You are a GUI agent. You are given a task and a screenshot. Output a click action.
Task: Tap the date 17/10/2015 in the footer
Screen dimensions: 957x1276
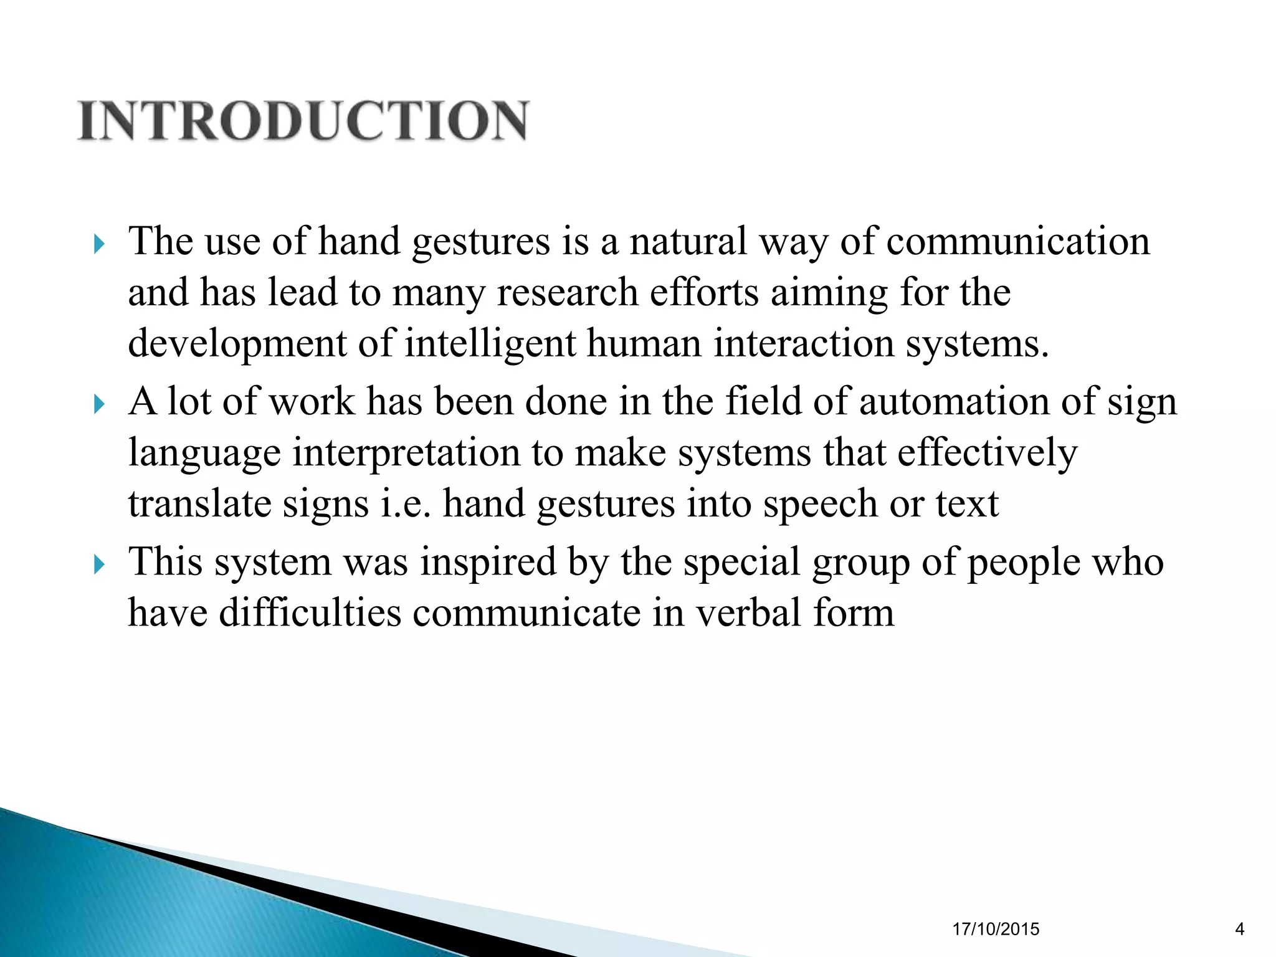996,930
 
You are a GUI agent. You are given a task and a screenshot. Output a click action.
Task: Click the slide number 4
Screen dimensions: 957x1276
1239,930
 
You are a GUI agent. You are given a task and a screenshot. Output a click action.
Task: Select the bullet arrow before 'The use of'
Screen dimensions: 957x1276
98,244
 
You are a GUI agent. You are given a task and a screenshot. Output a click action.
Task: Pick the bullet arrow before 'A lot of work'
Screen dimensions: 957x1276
98,404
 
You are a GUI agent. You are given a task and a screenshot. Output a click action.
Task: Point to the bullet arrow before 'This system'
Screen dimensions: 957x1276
98,564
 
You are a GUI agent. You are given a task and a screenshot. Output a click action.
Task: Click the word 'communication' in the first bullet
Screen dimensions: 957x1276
1017,242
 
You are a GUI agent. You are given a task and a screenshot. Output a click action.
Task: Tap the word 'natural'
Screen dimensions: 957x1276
688,242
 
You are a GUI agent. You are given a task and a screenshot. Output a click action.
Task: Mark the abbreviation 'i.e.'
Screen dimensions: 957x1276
406,504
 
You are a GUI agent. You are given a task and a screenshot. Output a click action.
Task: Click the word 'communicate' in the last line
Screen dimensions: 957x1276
526,613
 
